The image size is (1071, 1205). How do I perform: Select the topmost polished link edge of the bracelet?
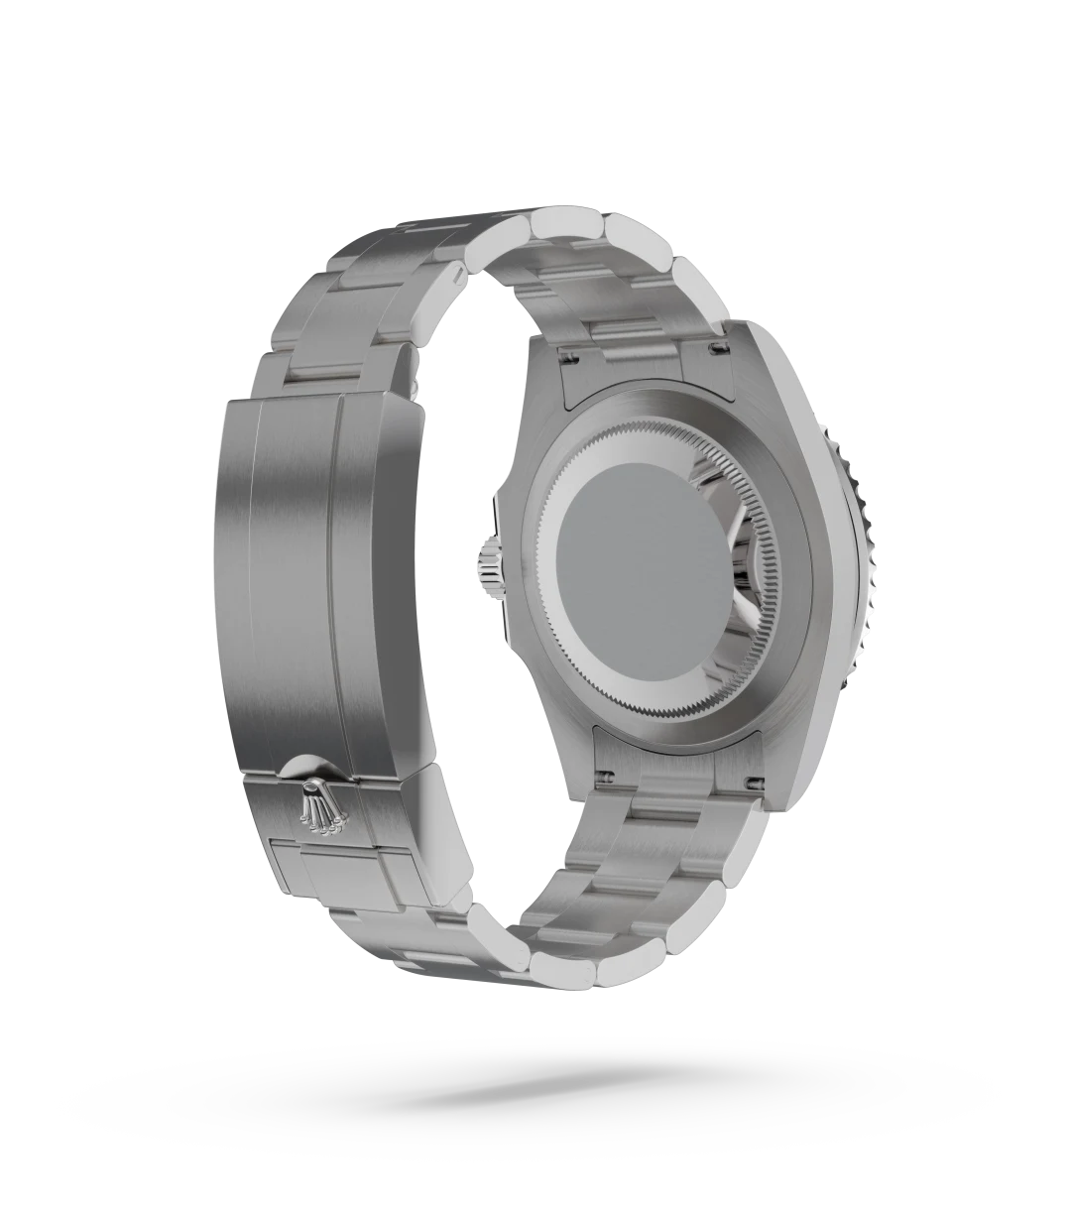(x=567, y=227)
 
